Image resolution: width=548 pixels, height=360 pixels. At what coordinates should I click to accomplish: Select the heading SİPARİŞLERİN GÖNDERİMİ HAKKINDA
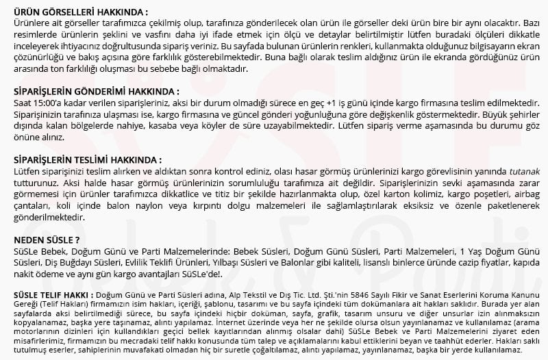point(97,91)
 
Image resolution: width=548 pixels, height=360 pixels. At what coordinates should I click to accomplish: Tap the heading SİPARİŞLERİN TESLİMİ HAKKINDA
point(88,159)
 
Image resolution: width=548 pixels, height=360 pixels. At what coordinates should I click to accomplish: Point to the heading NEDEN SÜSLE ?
point(46,239)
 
